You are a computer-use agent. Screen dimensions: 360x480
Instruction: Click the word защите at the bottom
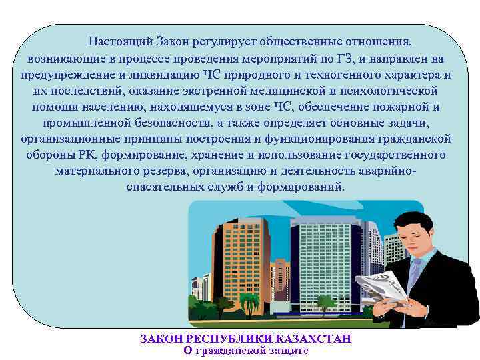point(287,351)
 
